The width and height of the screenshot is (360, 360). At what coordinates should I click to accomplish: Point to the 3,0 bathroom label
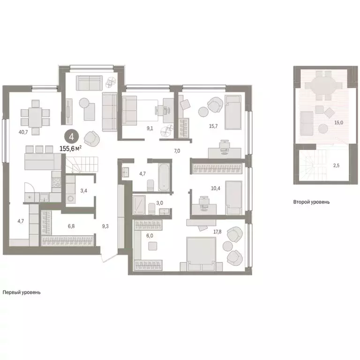click(160, 202)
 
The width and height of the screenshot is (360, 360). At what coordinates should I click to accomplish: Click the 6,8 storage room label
click(71, 226)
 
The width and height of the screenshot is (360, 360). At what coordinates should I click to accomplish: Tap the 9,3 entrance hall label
click(106, 226)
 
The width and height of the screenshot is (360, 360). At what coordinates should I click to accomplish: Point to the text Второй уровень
click(311, 202)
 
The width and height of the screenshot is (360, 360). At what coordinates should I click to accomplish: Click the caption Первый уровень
click(22, 292)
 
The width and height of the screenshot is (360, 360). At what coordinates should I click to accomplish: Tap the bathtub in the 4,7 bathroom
click(164, 176)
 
